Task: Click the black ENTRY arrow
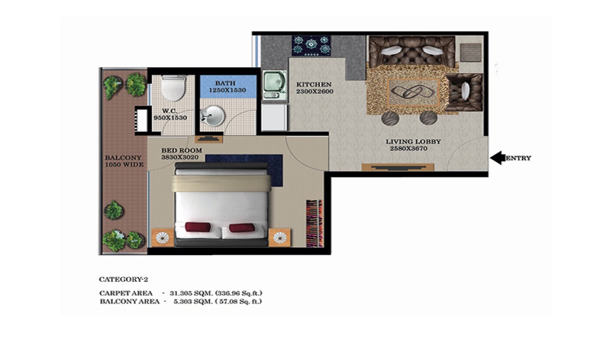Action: coord(497,158)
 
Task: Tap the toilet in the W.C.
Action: coord(173,88)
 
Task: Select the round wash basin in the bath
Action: coord(212,115)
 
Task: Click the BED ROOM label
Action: coord(181,151)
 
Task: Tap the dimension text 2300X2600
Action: coord(314,91)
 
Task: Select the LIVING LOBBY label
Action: coord(413,142)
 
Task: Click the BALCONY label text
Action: coord(123,158)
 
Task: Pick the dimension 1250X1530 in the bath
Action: coord(227,90)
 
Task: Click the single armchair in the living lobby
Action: coord(465,92)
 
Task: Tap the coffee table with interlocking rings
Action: coord(413,92)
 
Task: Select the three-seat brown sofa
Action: coord(412,52)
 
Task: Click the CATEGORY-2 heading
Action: coord(123,279)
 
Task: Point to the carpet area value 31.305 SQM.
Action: coord(191,293)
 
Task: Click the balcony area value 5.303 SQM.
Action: coord(193,301)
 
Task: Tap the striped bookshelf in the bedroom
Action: coord(314,223)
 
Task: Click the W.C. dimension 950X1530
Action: coord(170,118)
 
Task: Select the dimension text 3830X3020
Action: coord(180,157)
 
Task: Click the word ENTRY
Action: coord(518,158)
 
